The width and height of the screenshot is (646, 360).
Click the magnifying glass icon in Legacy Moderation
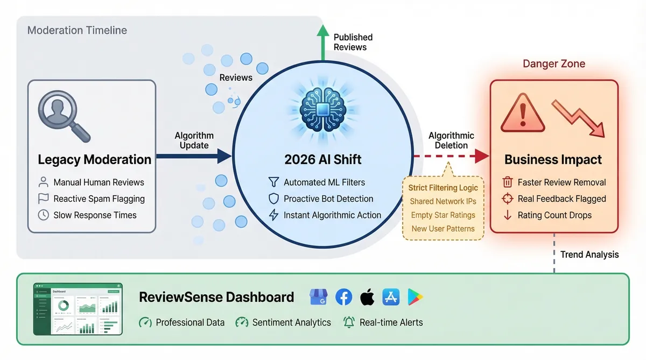(64, 115)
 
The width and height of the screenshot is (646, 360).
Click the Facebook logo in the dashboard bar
(344, 297)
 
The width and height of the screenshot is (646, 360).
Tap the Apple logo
(367, 297)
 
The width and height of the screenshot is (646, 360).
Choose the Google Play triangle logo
(415, 297)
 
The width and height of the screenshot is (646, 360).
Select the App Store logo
(391, 297)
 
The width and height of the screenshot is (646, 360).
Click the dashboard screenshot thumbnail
(78, 309)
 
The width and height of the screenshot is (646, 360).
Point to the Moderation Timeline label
(77, 30)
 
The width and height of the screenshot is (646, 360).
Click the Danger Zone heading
(554, 64)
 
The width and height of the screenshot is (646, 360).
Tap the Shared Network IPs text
(443, 201)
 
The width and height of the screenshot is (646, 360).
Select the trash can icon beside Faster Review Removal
(507, 182)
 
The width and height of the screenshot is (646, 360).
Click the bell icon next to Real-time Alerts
(349, 322)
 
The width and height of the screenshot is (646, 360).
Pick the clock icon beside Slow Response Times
(44, 215)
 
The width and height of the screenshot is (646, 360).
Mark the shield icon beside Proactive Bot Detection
(273, 199)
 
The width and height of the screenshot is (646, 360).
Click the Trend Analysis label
(589, 255)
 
